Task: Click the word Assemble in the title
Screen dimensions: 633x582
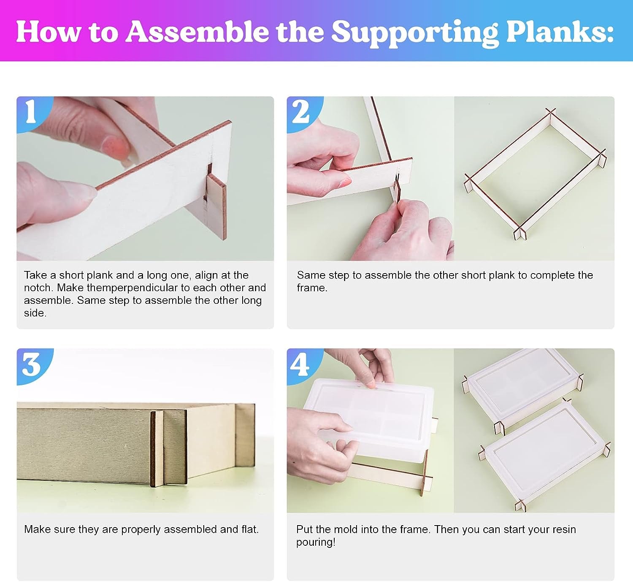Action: (197, 32)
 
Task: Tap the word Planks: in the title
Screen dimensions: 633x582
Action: (560, 32)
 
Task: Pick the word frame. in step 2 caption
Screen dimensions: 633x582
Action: (312, 288)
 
